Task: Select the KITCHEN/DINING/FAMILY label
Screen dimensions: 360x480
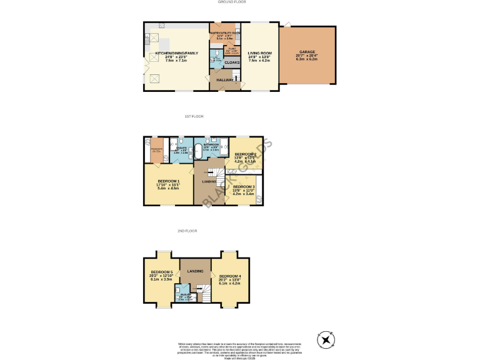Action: (176, 53)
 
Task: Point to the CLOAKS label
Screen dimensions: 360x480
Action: (232, 62)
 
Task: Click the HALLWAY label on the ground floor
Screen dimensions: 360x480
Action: (225, 80)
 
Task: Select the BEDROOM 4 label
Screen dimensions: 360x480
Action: (230, 276)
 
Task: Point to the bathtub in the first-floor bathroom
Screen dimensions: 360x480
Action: (199, 150)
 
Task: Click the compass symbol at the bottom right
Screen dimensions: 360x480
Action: (326, 340)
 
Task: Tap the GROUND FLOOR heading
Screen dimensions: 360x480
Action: (232, 2)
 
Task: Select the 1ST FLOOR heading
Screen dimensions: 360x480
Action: (193, 117)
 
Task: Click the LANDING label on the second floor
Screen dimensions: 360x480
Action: (196, 271)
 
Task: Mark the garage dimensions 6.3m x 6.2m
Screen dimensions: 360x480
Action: (307, 59)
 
